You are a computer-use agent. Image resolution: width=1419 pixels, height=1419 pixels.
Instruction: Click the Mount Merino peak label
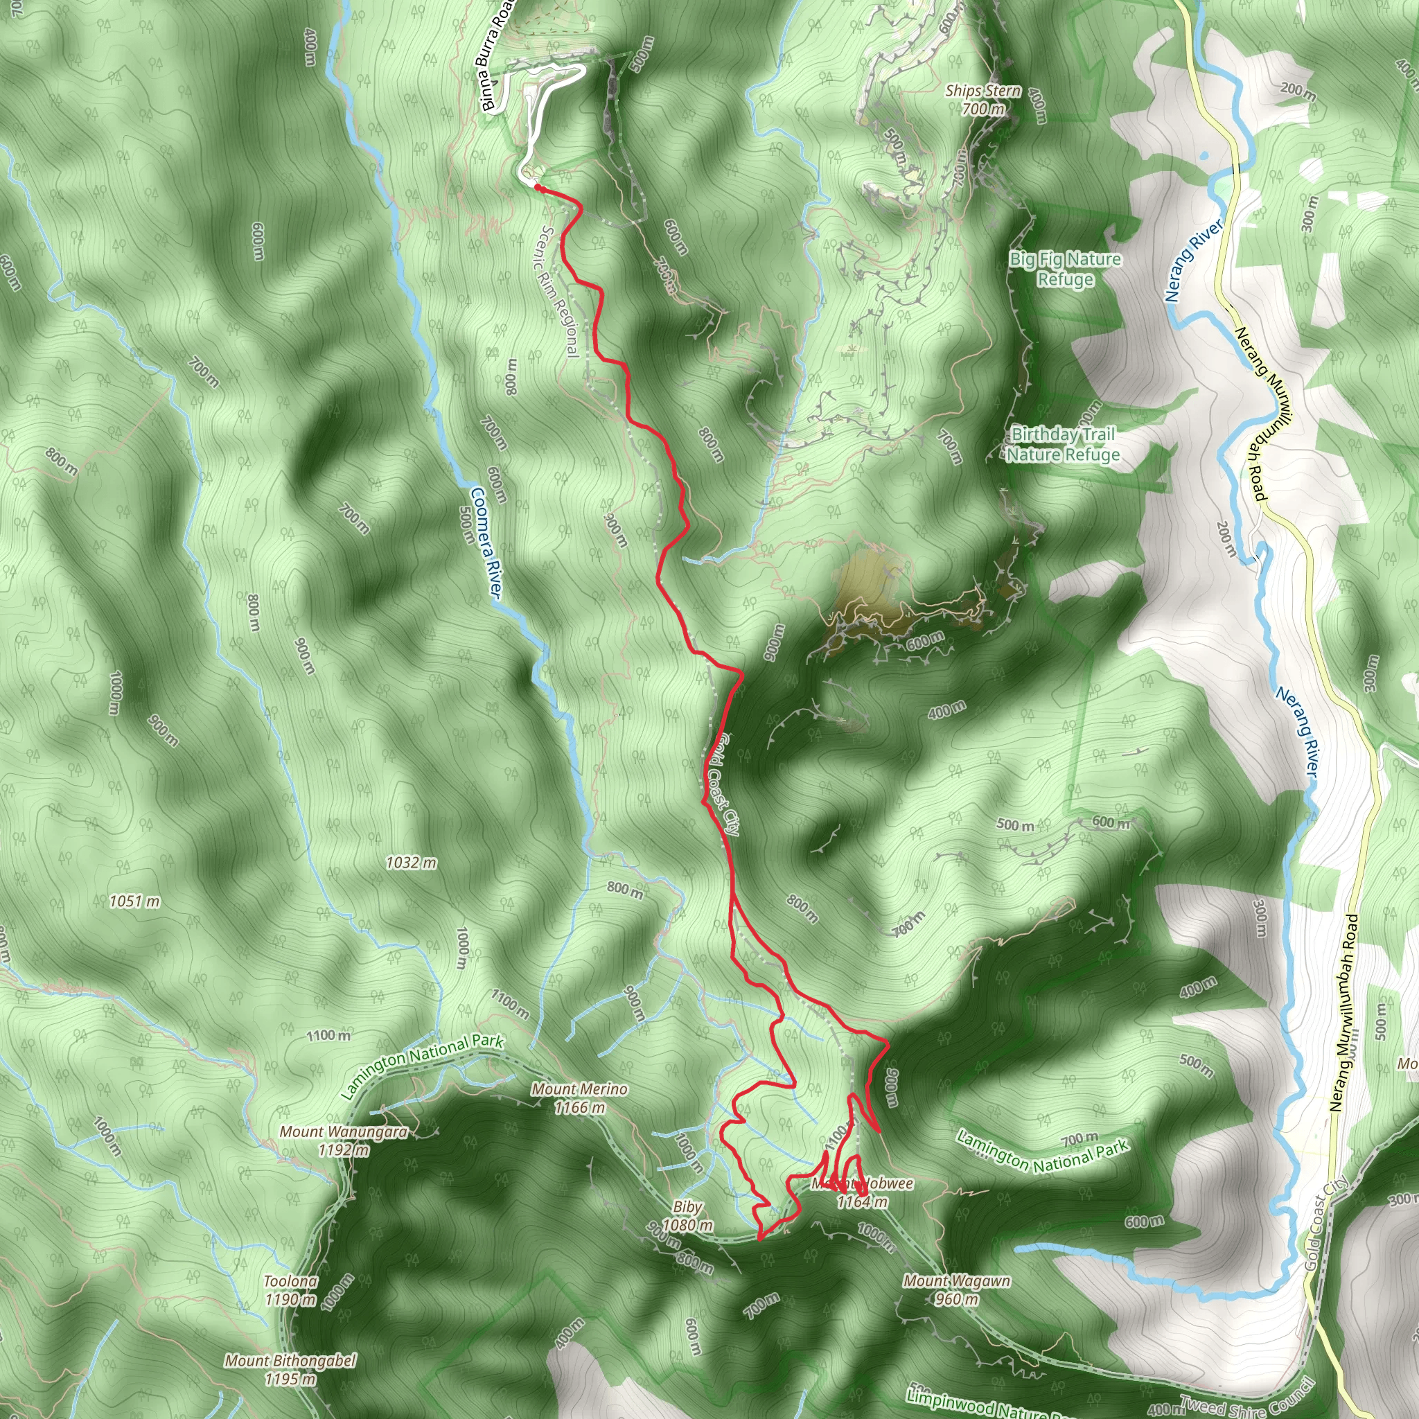[579, 1098]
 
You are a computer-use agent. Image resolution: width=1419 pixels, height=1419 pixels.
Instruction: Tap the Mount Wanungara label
[343, 1140]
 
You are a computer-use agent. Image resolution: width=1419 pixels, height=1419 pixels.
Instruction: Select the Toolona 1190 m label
[291, 1290]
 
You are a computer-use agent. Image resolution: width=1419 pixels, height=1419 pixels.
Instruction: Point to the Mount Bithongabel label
[290, 1370]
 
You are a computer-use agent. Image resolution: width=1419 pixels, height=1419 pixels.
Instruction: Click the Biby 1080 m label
[687, 1216]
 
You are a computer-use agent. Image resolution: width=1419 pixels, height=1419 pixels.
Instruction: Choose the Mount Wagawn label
[956, 1289]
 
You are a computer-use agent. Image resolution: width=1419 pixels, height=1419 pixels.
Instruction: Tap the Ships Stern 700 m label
[982, 99]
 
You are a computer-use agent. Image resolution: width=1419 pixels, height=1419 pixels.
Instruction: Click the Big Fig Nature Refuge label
[1065, 269]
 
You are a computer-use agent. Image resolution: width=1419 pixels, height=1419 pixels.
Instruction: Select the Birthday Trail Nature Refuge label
[1063, 444]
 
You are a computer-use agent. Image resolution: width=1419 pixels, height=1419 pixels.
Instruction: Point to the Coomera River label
[486, 543]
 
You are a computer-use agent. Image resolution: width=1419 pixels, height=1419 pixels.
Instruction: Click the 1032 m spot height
[412, 863]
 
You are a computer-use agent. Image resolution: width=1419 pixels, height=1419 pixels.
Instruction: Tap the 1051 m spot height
[134, 901]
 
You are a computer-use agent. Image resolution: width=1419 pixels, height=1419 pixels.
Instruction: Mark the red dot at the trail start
[538, 188]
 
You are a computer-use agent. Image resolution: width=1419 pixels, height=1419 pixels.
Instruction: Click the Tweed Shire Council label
[1246, 1399]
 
